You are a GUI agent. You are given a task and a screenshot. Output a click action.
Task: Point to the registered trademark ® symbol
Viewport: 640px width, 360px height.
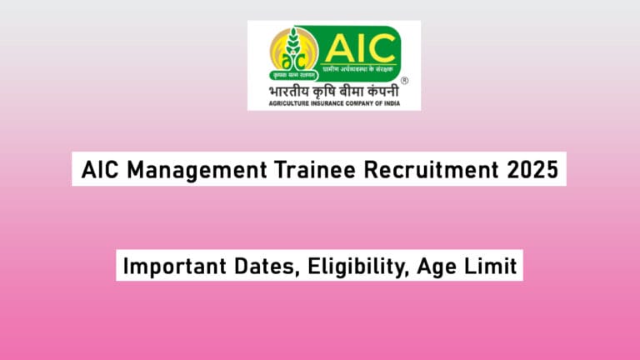pos(403,81)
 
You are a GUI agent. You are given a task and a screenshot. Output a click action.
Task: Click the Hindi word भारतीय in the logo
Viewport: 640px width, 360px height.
pos(285,87)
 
